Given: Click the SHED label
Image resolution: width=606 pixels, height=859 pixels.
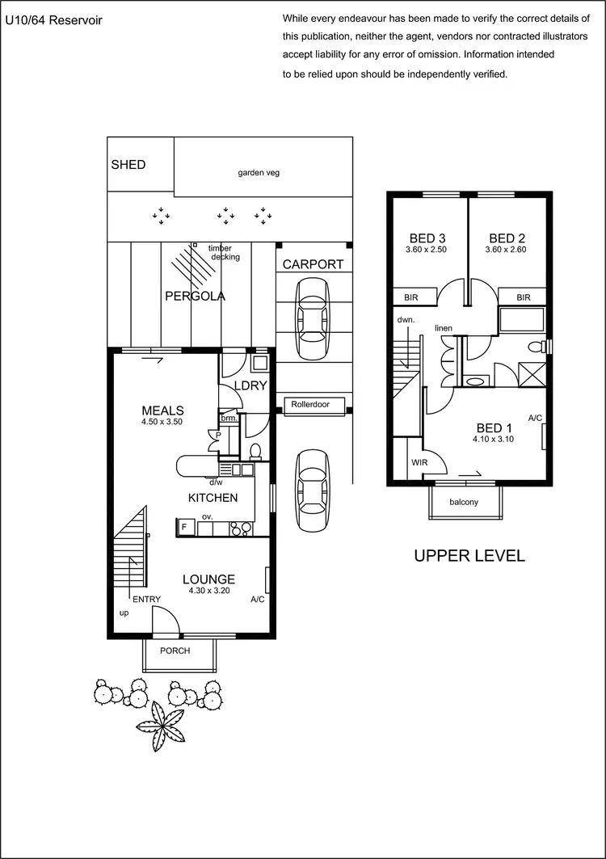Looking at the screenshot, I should click(x=128, y=165).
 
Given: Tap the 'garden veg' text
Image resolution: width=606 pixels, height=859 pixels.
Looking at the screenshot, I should click(x=259, y=172).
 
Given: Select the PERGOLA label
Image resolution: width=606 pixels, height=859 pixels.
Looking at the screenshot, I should click(x=195, y=297).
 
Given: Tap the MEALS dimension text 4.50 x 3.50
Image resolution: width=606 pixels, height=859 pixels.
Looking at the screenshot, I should click(x=163, y=422).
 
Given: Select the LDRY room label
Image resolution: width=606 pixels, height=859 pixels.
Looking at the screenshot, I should click(x=250, y=386).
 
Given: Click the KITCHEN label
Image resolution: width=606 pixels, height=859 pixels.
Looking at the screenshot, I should click(x=213, y=498).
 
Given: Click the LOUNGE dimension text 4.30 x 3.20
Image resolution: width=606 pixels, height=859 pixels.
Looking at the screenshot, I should click(x=208, y=591).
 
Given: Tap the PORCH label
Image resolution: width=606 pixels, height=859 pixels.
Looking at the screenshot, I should click(x=175, y=651).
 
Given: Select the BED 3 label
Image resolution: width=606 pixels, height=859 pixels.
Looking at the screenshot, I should click(x=427, y=238).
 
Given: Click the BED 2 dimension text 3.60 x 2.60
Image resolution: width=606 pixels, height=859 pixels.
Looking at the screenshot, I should click(x=505, y=251).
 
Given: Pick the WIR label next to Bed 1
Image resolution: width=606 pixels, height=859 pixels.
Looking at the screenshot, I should click(x=419, y=463).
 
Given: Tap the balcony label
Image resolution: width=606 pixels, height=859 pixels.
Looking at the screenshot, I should click(x=464, y=502).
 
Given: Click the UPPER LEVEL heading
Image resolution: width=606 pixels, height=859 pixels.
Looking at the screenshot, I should click(x=469, y=556).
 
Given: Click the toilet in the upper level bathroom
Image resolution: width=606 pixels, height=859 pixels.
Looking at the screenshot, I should click(x=535, y=347).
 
